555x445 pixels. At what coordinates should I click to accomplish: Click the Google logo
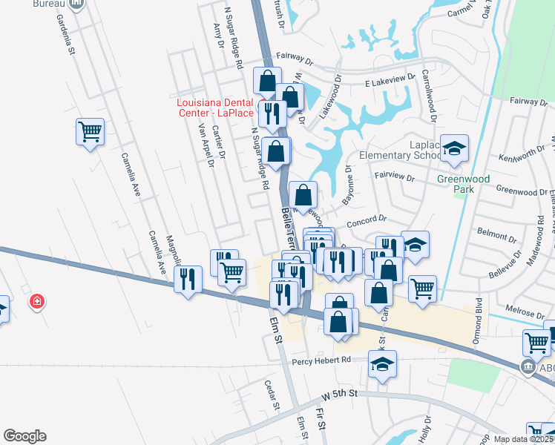[x=24, y=436]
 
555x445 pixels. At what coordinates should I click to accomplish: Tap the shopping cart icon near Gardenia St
[x=90, y=132]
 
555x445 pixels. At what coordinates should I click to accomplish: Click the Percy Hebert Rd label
[x=322, y=360]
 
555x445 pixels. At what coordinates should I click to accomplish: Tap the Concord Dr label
[x=367, y=220]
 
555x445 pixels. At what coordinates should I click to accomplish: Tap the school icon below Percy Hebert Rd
[x=382, y=363]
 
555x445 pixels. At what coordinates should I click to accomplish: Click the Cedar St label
[x=272, y=395]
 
